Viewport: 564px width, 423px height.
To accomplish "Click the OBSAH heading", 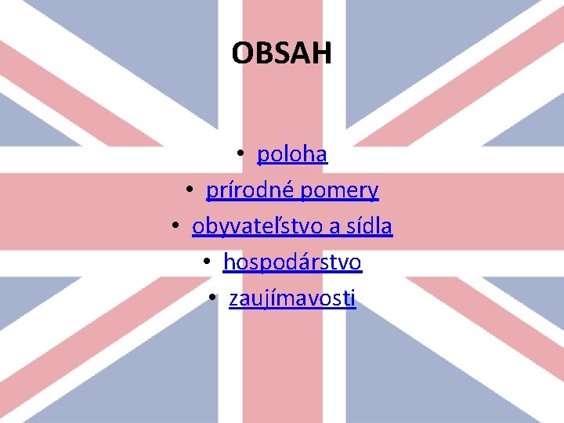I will point(282,53).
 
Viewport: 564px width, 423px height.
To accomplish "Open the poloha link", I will point(292,154).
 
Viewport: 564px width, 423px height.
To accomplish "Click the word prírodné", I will point(250,190).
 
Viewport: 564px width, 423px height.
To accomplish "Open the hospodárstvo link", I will point(292,262).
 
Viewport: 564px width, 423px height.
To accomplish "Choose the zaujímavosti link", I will point(292,298).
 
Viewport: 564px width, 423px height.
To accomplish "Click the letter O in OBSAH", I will point(242,53).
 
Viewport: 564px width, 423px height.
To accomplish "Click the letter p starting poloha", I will point(262,156).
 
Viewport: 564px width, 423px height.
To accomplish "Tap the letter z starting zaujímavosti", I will point(233,299).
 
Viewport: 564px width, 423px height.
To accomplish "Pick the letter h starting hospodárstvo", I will point(229,262).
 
